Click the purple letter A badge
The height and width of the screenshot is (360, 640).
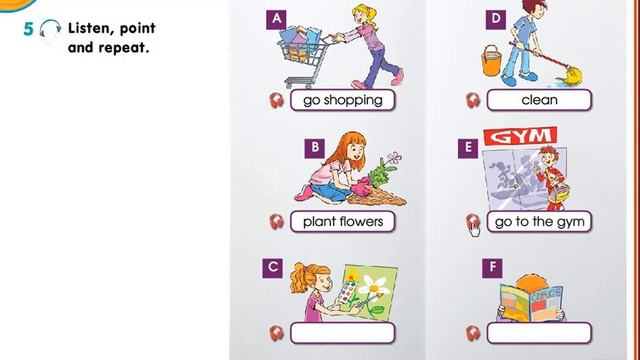tap(276, 19)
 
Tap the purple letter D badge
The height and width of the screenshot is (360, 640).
tap(496, 19)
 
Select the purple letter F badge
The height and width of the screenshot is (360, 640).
tap(492, 268)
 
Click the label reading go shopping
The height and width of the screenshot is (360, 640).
tap(342, 100)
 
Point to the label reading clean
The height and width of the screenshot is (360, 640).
tap(539, 100)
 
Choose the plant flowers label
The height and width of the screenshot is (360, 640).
tap(342, 222)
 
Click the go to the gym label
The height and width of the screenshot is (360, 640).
tap(539, 222)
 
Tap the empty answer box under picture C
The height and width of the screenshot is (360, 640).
tap(342, 333)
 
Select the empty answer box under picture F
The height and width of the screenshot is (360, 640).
tap(539, 333)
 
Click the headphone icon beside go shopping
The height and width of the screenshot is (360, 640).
tap(276, 100)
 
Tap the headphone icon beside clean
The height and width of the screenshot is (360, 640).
tap(473, 100)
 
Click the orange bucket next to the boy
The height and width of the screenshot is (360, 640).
tap(491, 61)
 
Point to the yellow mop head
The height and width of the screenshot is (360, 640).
tap(571, 76)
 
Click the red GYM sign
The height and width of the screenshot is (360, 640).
tap(520, 136)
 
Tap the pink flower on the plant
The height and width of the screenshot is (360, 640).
tap(394, 158)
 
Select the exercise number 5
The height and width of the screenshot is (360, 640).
tap(28, 29)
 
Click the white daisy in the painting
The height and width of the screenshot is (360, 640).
tap(375, 286)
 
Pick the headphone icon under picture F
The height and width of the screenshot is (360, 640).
tap(473, 333)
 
